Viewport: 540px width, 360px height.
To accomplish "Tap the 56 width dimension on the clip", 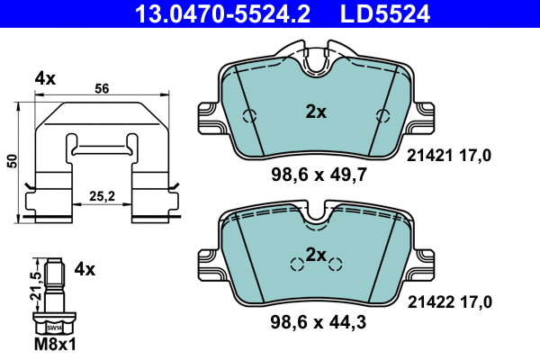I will coord(101,89).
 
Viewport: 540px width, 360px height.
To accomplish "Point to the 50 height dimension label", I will coord(12,159).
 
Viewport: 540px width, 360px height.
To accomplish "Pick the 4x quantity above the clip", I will coord(45,79).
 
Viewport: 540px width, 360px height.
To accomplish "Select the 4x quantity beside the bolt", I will coord(85,268).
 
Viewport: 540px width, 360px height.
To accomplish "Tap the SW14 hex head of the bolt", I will coord(54,329).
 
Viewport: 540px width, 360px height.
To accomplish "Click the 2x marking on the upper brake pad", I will coord(315,112).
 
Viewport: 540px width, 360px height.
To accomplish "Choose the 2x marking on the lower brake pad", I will coord(315,255).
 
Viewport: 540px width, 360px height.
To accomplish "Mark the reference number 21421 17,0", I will coord(450,156).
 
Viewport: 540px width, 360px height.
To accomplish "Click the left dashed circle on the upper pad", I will coord(251,115).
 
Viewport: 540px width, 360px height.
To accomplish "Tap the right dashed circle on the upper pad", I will coord(382,114).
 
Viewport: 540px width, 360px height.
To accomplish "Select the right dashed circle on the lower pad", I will coord(336,263).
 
